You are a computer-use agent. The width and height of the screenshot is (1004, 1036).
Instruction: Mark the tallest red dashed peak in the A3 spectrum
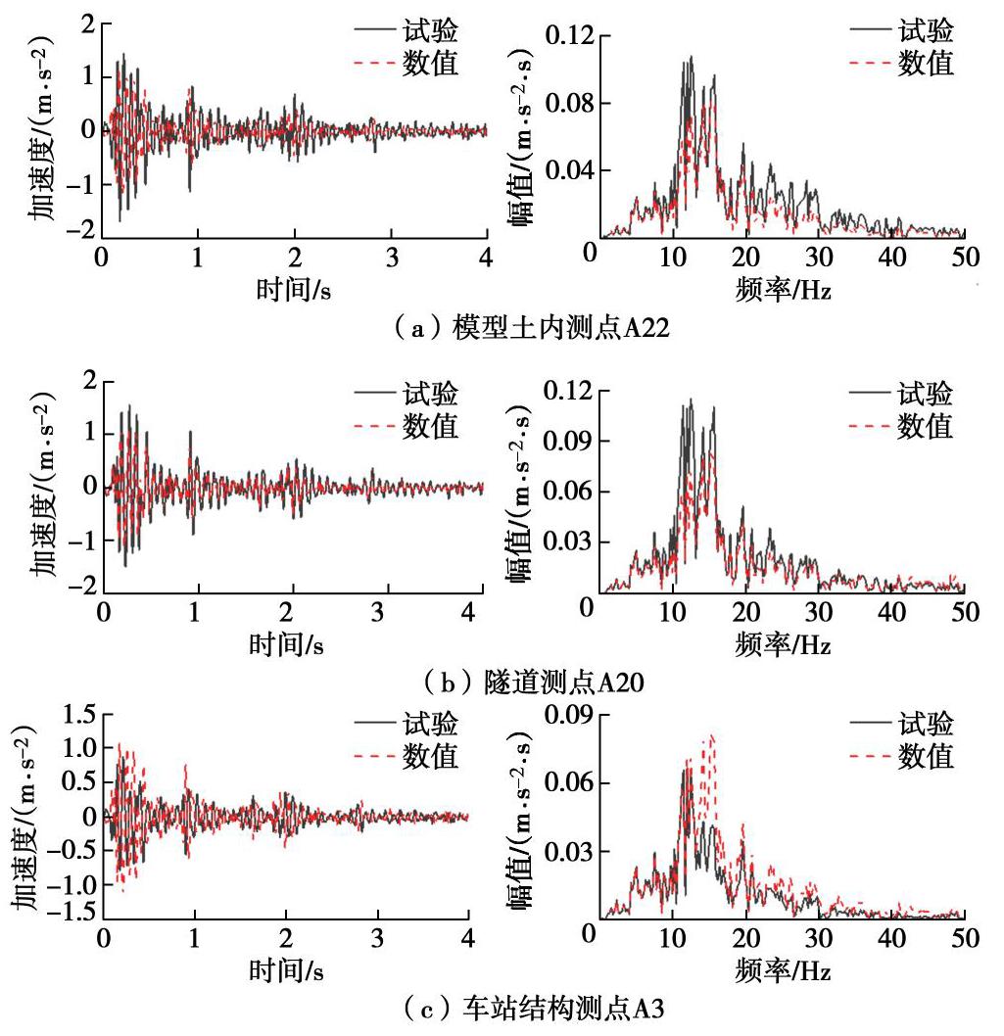(x=712, y=736)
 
